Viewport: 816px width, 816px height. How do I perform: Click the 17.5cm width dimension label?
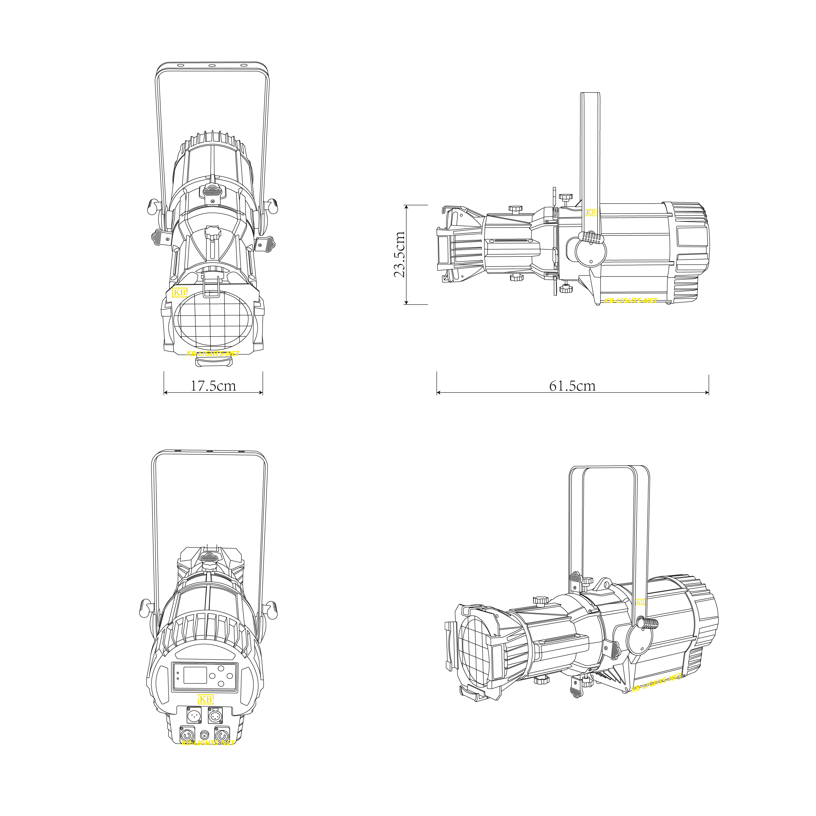213,386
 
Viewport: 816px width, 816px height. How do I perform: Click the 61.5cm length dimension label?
572,386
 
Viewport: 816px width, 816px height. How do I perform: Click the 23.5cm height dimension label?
399,254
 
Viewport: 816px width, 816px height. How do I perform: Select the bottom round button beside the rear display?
221,684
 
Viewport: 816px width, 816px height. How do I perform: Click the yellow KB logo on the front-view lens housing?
180,292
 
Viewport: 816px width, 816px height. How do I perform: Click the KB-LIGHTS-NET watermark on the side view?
630,301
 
